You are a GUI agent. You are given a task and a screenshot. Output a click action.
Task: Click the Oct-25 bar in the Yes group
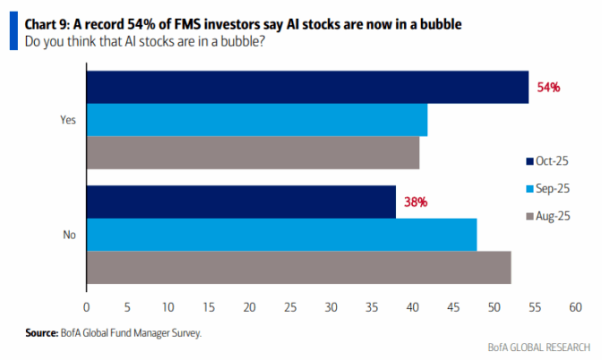point(307,87)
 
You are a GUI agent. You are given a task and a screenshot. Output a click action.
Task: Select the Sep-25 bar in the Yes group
point(256,120)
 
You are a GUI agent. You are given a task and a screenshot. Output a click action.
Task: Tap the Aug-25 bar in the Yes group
point(253,153)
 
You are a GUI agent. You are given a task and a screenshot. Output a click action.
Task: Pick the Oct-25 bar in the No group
point(241,201)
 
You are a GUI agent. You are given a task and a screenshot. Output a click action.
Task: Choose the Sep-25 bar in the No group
point(281,235)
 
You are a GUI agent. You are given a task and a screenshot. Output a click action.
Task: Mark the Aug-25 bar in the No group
point(298,268)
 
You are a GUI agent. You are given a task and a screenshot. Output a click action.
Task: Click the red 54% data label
point(548,88)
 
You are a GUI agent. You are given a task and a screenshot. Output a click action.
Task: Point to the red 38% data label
point(416,202)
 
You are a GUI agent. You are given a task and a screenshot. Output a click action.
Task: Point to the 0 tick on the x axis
point(86,307)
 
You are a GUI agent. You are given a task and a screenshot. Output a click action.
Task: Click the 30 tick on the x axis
point(331,307)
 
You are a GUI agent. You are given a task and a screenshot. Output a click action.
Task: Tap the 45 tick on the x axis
point(453,307)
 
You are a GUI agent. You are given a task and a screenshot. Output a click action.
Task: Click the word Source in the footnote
point(42,333)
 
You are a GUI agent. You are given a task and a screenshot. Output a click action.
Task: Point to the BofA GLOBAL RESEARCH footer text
point(539,347)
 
